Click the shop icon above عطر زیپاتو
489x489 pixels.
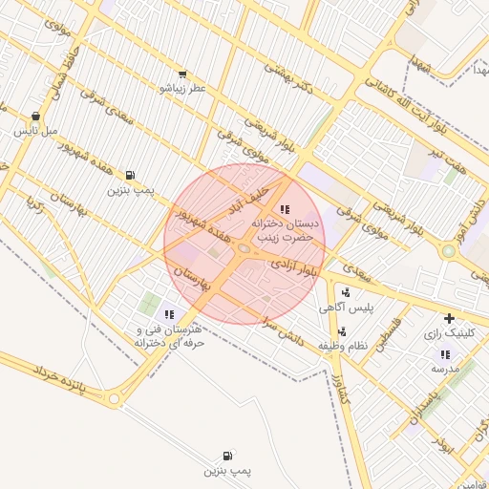[182, 74]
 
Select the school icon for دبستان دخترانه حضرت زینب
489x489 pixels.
[284, 209]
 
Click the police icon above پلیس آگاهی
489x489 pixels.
[345, 293]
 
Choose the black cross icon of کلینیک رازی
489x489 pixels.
[449, 318]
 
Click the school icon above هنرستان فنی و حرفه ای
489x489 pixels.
[170, 314]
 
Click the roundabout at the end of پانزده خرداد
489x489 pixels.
[115, 398]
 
